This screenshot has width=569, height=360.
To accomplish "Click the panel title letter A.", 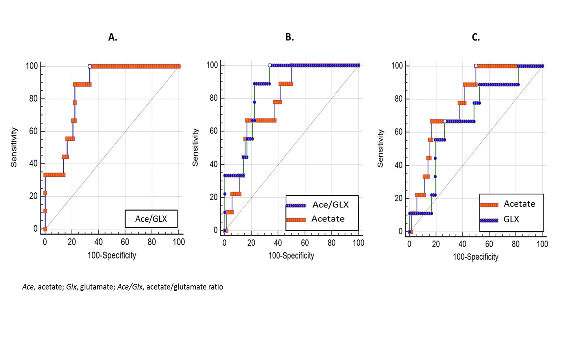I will pyautogui.click(x=113, y=37).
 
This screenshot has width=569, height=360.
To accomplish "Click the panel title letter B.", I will pyautogui.click(x=289, y=37).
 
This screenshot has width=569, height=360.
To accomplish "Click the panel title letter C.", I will pyautogui.click(x=476, y=37).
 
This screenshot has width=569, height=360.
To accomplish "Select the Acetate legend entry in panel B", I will pyautogui.click(x=328, y=219).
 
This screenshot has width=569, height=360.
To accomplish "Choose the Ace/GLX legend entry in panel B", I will pyautogui.click(x=330, y=205).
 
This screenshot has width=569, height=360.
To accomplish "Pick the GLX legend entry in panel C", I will pyautogui.click(x=511, y=219).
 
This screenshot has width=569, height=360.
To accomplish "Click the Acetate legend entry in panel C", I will pyautogui.click(x=519, y=204).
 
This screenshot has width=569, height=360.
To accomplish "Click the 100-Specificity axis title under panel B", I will pyautogui.click(x=291, y=256).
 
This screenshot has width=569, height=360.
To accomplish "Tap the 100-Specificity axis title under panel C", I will pyautogui.click(x=475, y=257).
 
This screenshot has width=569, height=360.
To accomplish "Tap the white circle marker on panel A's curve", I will pyautogui.click(x=90, y=66).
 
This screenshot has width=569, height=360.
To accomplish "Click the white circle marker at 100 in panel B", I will pyautogui.click(x=270, y=65).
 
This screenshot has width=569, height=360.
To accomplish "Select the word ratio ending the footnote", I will pyautogui.click(x=212, y=287).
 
